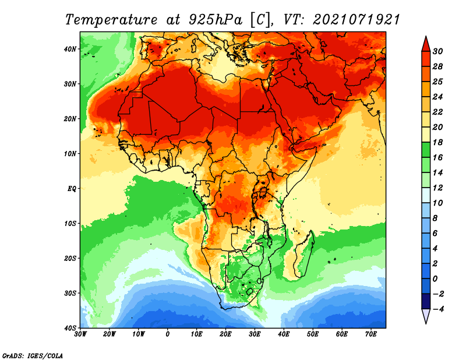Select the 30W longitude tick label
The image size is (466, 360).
click(x=80, y=334)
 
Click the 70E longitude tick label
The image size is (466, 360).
click(x=371, y=334)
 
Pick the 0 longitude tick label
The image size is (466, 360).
click(x=168, y=334)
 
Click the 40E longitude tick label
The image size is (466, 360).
click(x=284, y=334)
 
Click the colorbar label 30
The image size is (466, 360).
click(x=439, y=51)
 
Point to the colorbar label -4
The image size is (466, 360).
click(x=439, y=309)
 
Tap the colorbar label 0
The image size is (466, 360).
click(x=439, y=278)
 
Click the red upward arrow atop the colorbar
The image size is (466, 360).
click(x=426, y=43)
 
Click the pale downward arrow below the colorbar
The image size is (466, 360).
click(x=426, y=316)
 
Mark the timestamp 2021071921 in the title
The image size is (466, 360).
click(x=356, y=19)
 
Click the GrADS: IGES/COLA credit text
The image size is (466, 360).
click(x=33, y=355)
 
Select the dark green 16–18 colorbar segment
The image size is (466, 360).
click(x=426, y=150)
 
